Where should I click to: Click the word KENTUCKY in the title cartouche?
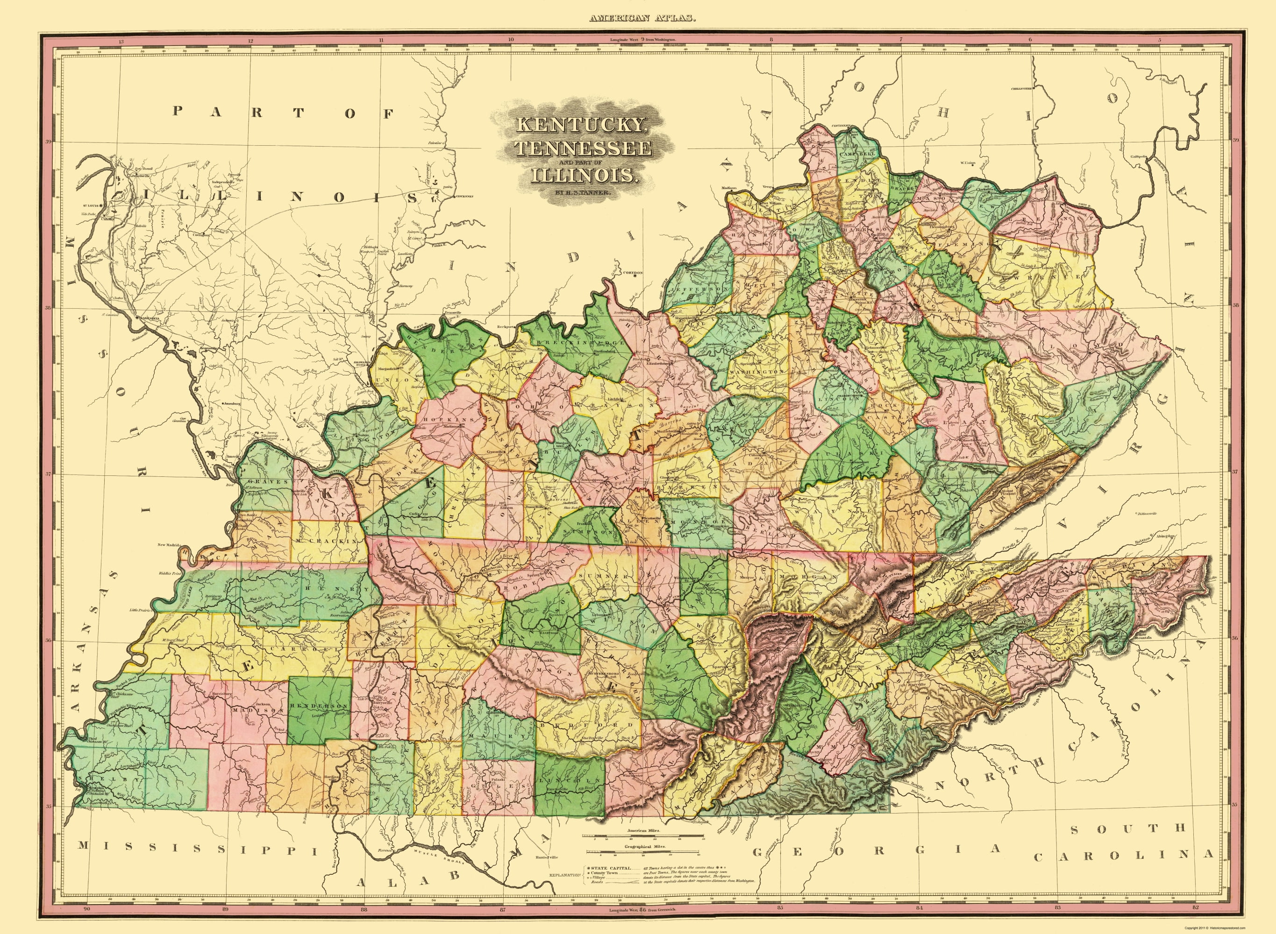(x=580, y=125)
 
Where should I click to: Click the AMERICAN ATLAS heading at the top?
(x=642, y=19)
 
